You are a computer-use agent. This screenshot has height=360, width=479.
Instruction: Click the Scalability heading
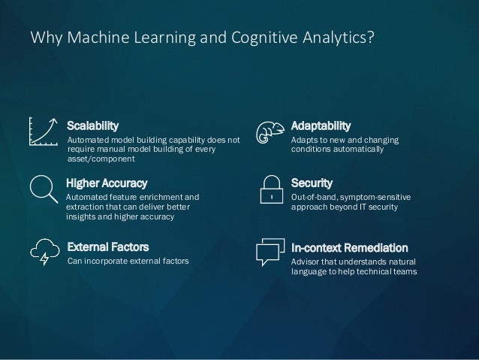tap(93, 125)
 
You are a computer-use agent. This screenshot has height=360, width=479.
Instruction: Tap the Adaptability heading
tap(321, 125)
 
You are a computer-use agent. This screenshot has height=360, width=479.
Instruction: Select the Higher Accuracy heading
tap(107, 183)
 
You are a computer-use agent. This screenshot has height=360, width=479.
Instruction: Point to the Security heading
tap(312, 183)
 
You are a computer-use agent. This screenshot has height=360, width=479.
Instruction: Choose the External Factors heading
tap(108, 247)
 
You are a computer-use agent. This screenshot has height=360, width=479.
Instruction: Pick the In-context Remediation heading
tap(349, 247)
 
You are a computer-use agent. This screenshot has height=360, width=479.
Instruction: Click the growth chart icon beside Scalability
tap(44, 131)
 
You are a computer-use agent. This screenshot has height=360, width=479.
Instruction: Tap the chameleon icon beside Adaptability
tap(269, 132)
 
